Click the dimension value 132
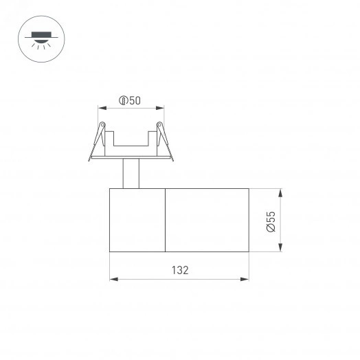179,270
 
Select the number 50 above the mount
135,101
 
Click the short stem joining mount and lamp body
130,173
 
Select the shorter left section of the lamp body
137,219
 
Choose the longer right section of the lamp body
207,219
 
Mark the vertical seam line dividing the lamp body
166,219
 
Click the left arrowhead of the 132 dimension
113,279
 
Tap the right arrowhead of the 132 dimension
246,279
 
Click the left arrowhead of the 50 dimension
101,108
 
